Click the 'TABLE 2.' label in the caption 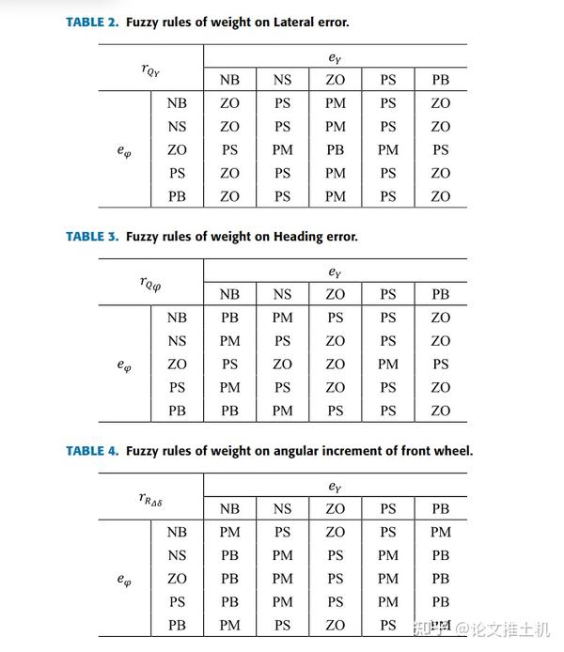(92, 22)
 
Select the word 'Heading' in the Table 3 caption (298, 237)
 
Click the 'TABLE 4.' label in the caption (92, 451)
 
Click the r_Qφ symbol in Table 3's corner (149, 283)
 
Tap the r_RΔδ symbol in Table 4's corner (150, 498)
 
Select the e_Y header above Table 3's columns (335, 272)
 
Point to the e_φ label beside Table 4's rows (123, 580)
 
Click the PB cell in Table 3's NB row (229, 318)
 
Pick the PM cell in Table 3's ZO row (388, 365)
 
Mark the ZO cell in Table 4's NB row (335, 533)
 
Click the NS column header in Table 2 (282, 80)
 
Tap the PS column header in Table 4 (388, 509)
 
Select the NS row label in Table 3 (177, 341)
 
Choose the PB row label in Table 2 (177, 196)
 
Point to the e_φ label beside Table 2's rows (123, 150)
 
